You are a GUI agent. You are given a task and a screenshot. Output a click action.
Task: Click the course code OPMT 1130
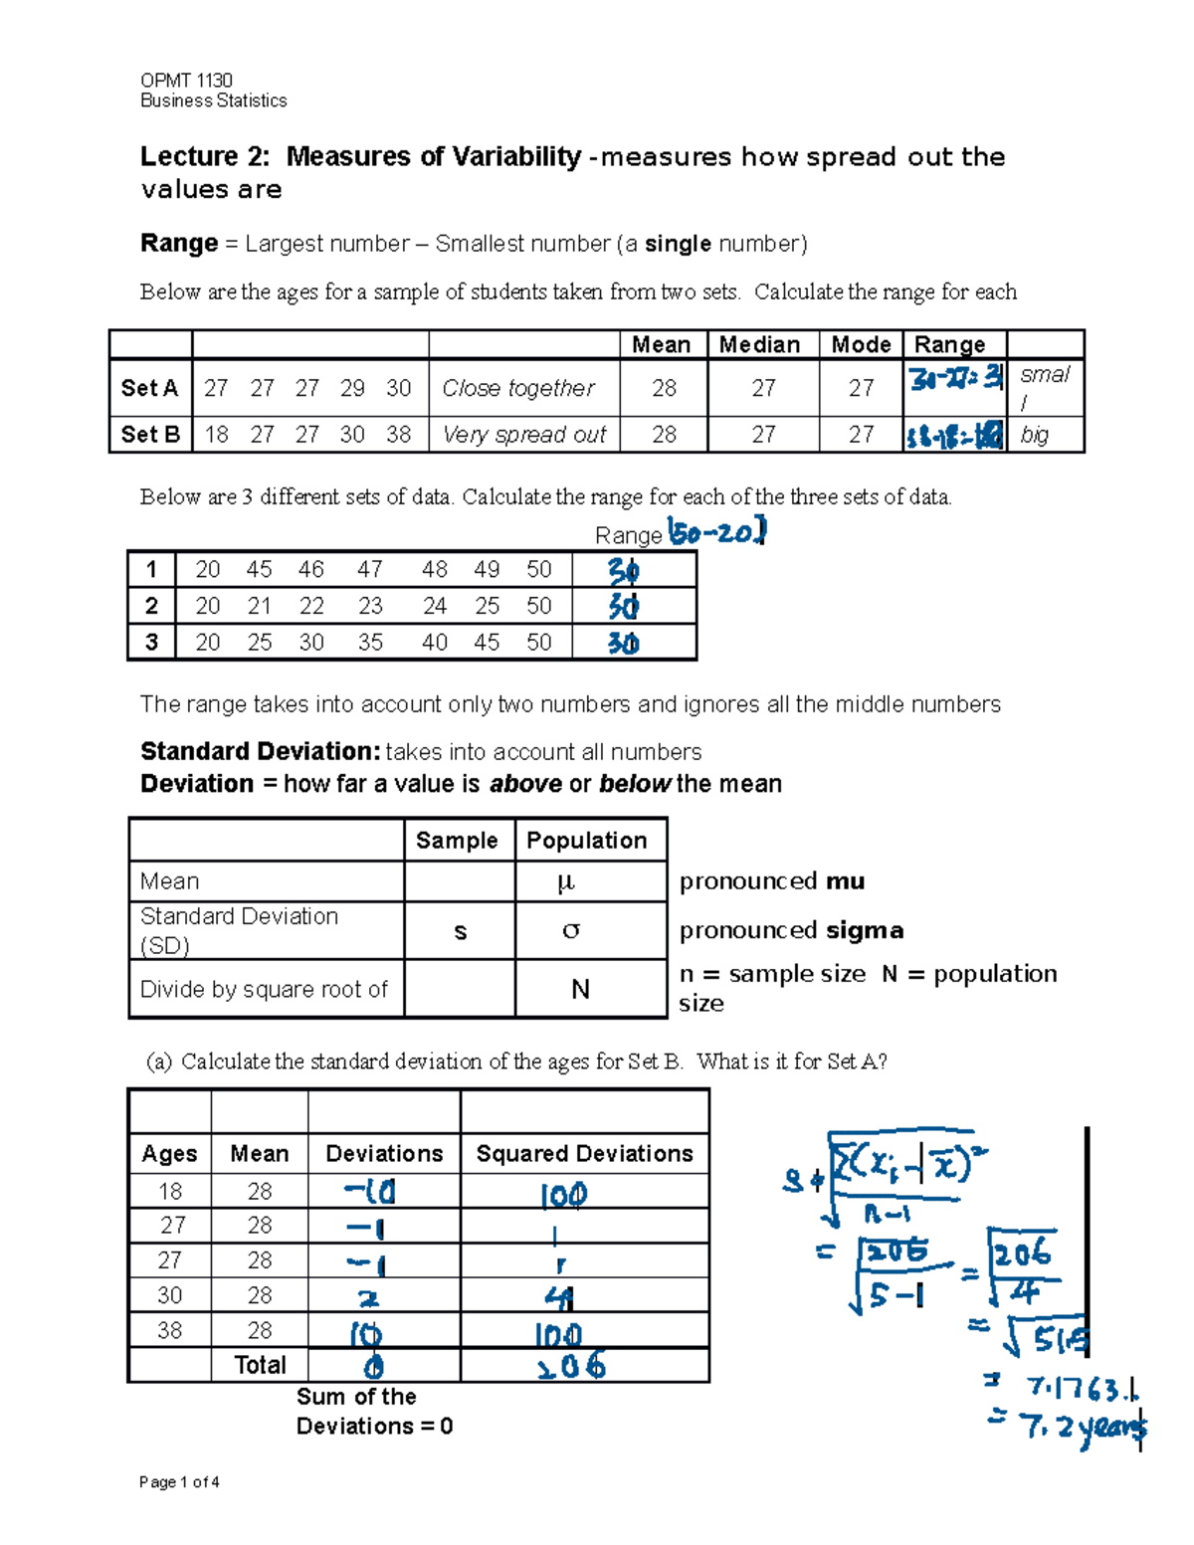click(186, 81)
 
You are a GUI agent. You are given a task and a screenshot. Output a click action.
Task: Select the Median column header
click(759, 345)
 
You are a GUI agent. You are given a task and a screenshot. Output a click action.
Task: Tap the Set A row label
click(149, 388)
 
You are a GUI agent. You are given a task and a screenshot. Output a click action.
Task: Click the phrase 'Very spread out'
click(524, 435)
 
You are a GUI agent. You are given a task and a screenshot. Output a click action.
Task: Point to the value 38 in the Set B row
click(398, 435)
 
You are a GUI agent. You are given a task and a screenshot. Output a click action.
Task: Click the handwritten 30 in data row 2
click(624, 606)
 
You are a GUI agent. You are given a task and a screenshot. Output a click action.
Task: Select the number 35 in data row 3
click(370, 643)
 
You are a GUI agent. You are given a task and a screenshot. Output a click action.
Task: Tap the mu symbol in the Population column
click(566, 881)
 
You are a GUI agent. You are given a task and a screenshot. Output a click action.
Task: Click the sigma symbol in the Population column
click(570, 931)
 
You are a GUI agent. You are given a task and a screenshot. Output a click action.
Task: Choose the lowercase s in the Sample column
click(460, 932)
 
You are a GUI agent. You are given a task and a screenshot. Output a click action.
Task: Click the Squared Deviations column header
click(584, 1154)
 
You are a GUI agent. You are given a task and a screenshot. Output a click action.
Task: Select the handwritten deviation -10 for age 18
click(370, 1191)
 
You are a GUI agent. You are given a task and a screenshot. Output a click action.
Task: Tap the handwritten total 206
click(571, 1366)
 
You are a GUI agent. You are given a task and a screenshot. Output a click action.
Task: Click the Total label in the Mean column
click(260, 1365)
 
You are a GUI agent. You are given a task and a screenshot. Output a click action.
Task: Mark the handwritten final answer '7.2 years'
click(1083, 1428)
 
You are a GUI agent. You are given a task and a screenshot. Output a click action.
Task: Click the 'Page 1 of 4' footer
click(179, 1482)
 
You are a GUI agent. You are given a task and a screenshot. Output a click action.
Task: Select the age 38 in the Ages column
click(170, 1331)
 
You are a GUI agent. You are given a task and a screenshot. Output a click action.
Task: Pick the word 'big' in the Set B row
click(1035, 435)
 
